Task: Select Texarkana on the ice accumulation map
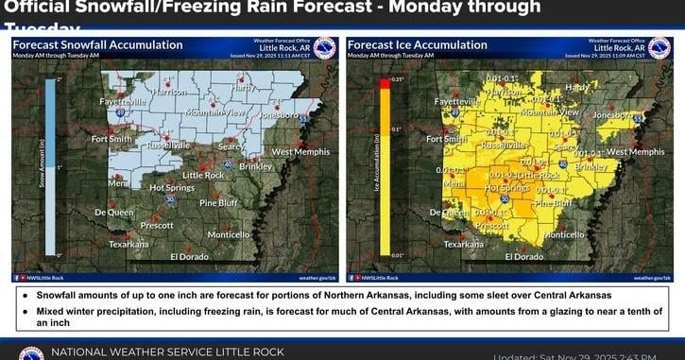pos(463,244)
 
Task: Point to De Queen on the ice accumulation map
pos(441,213)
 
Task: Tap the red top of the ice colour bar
pos(385,84)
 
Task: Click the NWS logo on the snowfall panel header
pos(324,48)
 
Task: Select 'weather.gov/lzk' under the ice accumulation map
pos(650,278)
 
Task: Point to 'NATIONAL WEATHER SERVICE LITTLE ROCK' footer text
pos(167,351)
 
